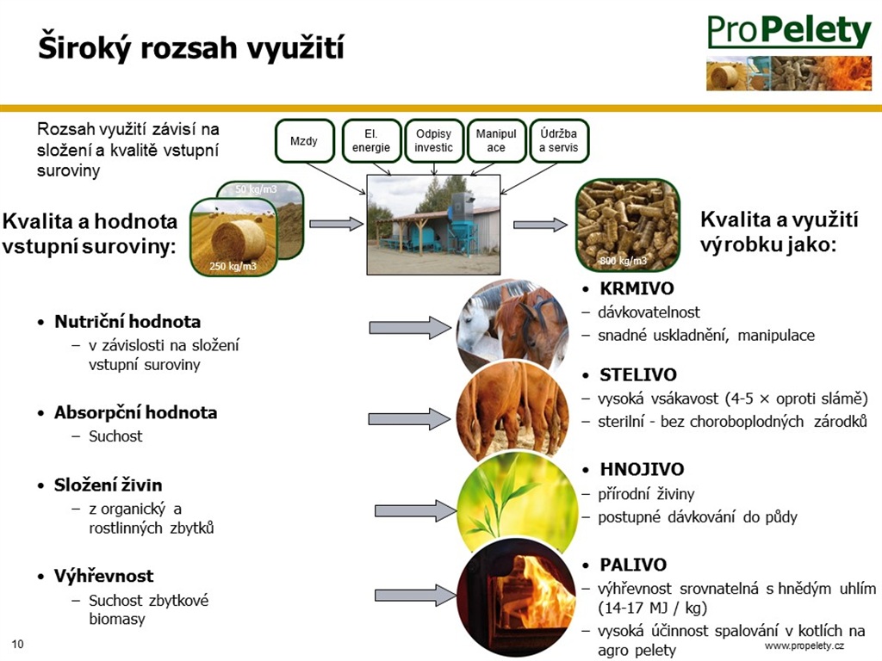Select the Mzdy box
[304, 140]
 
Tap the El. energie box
[371, 140]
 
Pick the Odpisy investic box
[434, 140]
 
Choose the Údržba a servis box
[558, 140]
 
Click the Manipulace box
[496, 140]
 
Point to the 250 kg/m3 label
[233, 266]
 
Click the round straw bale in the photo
[238, 240]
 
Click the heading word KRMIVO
[637, 288]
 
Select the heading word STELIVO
[638, 375]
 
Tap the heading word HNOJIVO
[642, 469]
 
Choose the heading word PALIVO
[633, 565]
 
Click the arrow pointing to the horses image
[410, 328]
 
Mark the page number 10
[18, 644]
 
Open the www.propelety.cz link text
[804, 646]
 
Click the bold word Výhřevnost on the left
[103, 576]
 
